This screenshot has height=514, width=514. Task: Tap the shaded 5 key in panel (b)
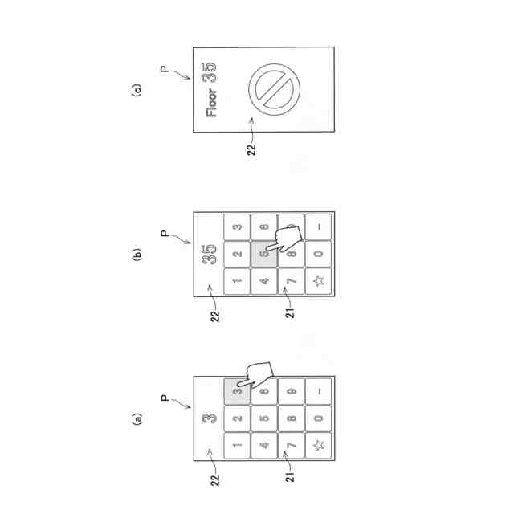[x=263, y=254]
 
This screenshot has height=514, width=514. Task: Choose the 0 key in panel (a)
[x=318, y=418]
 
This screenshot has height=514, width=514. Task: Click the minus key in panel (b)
[x=318, y=227]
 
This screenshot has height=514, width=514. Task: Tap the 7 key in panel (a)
[x=291, y=445]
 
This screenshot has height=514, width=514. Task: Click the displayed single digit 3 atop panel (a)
[x=209, y=418]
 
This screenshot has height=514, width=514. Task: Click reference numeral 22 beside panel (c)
[x=252, y=149]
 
